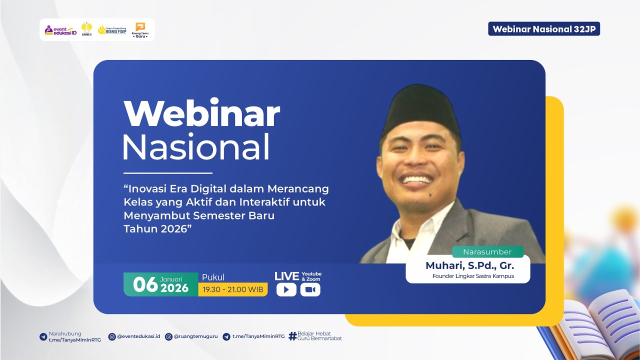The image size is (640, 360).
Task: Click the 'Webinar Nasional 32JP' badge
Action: pyautogui.click(x=544, y=29)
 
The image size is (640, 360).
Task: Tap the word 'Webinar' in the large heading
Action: pyautogui.click(x=201, y=114)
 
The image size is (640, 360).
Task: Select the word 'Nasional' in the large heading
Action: pyautogui.click(x=196, y=147)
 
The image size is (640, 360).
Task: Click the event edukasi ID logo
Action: pyautogui.click(x=60, y=30)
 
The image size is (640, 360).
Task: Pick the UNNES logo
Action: pyautogui.click(x=86, y=29)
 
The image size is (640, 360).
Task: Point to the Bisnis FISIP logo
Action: pyautogui.click(x=112, y=30)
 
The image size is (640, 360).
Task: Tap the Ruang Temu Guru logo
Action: pyautogui.click(x=140, y=30)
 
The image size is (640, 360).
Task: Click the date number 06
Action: pyautogui.click(x=145, y=284)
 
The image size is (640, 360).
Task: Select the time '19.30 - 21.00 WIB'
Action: pyautogui.click(x=232, y=289)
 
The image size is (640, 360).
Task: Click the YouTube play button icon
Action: pyautogui.click(x=286, y=289)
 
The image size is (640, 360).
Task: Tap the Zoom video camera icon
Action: pyautogui.click(x=310, y=289)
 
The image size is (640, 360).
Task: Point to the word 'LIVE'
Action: pyautogui.click(x=286, y=276)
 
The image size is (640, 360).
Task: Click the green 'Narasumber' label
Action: pyautogui.click(x=487, y=251)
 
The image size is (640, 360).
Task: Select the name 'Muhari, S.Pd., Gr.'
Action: pyautogui.click(x=469, y=265)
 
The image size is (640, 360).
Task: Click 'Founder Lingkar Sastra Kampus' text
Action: pyautogui.click(x=473, y=276)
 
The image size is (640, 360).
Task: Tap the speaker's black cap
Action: pyautogui.click(x=421, y=107)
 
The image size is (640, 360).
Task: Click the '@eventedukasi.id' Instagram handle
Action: pyautogui.click(x=138, y=336)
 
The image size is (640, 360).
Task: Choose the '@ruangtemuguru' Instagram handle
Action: pyautogui.click(x=195, y=336)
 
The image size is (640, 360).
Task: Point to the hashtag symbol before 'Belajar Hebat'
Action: pyautogui.click(x=292, y=336)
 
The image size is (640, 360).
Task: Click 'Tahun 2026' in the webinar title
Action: pyautogui.click(x=157, y=228)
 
